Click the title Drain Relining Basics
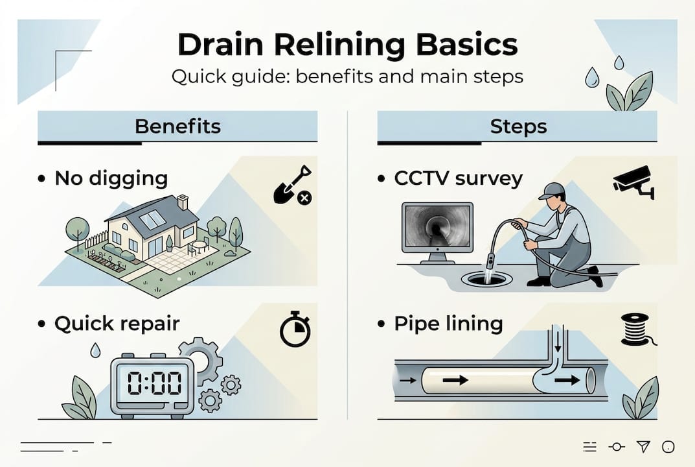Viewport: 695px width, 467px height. [x=347, y=45]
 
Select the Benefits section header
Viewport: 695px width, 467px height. [x=177, y=126]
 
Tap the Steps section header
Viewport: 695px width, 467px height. [x=518, y=126]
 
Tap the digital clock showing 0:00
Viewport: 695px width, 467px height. [x=154, y=384]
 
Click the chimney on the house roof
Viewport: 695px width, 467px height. [x=183, y=202]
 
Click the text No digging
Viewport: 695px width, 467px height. [x=111, y=178]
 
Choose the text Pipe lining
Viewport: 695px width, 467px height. [x=448, y=324]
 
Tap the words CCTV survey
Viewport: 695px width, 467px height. [x=458, y=178]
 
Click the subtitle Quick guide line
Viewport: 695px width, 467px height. [x=347, y=77]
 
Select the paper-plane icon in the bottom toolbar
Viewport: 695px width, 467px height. [x=643, y=446]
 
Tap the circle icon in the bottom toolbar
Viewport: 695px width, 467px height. [x=668, y=446]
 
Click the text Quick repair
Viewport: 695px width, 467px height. [x=117, y=324]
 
